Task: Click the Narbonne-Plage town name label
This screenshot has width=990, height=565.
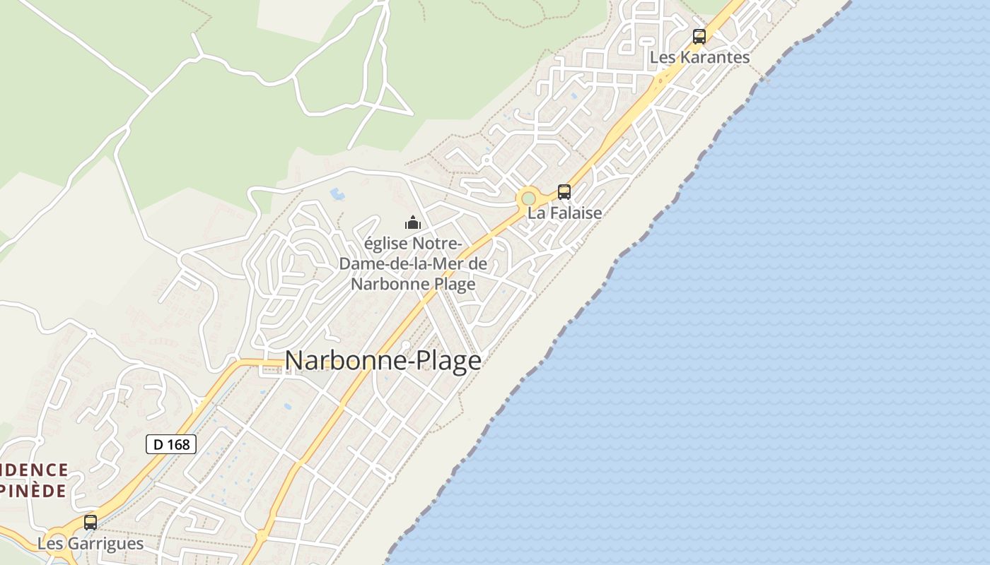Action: pos(383,361)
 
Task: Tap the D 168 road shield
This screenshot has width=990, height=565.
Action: pos(171,444)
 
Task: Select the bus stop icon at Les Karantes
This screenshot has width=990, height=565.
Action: pos(699,37)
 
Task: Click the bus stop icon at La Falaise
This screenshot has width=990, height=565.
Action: pos(564,191)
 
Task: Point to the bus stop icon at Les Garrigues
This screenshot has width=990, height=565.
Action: pos(91,523)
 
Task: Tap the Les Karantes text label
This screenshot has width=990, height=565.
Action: pos(699,58)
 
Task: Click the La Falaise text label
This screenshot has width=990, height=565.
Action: pos(565,213)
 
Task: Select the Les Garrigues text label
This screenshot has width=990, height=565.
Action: pos(90,544)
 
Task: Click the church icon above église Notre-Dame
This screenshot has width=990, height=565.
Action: pos(413,223)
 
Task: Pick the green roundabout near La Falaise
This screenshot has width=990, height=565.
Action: pos(528,198)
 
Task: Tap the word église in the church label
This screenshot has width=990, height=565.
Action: pos(385,244)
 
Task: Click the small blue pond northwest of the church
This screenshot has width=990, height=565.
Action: pos(337,193)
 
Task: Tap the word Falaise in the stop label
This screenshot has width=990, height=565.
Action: pos(574,213)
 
